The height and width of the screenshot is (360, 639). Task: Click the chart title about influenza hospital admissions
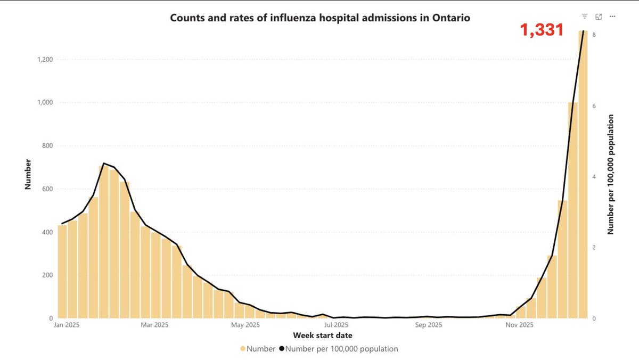[319, 18]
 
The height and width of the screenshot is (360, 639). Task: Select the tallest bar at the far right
[583, 176]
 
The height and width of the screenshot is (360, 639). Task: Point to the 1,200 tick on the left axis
[43, 60]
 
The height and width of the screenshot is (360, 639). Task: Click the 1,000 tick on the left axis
[43, 103]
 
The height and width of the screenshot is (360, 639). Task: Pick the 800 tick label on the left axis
[46, 146]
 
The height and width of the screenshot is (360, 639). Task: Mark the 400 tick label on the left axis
[46, 232]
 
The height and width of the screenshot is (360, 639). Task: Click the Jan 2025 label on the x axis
[67, 324]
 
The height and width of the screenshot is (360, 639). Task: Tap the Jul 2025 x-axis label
[337, 324]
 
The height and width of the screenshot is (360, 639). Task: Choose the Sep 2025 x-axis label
[428, 324]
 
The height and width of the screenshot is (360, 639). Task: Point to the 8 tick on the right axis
[594, 35]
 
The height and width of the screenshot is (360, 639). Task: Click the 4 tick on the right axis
[594, 177]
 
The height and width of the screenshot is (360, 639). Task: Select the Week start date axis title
[322, 336]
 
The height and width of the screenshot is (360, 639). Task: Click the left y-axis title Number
[28, 174]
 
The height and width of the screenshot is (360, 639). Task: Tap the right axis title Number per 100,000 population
[611, 174]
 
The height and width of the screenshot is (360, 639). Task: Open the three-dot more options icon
[613, 17]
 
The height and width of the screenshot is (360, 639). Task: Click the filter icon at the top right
[585, 17]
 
